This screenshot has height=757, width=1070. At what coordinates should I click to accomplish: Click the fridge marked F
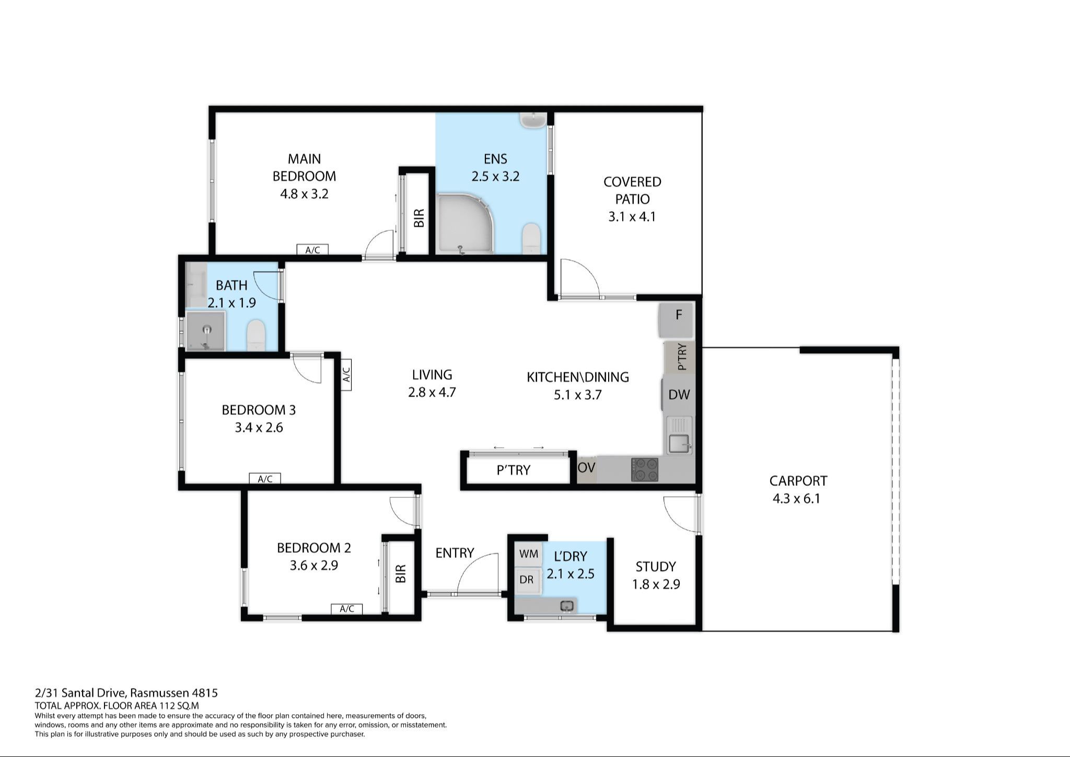point(676,320)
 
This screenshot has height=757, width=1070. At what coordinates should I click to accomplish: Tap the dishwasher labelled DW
point(678,394)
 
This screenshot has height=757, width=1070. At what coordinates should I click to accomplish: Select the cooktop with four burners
point(645,469)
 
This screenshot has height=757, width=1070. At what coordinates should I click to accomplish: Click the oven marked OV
point(586,468)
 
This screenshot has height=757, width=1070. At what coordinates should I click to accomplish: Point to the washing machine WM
point(529,554)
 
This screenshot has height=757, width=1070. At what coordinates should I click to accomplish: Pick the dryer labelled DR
point(527,579)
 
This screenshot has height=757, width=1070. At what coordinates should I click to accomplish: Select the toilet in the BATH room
point(256,335)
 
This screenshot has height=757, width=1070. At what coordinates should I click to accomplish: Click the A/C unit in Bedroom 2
point(347,609)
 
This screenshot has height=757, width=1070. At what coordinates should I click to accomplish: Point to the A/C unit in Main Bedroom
point(312,250)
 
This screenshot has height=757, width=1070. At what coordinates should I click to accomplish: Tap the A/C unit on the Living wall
point(346,374)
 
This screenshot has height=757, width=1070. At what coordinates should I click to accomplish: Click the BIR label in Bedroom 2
point(400,573)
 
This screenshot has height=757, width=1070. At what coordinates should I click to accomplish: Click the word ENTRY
point(455,553)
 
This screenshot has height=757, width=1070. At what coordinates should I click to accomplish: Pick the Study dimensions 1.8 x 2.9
point(656,584)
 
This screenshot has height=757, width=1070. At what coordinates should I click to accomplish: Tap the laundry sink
point(567,606)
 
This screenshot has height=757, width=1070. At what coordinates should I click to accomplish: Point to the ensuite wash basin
point(533,120)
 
